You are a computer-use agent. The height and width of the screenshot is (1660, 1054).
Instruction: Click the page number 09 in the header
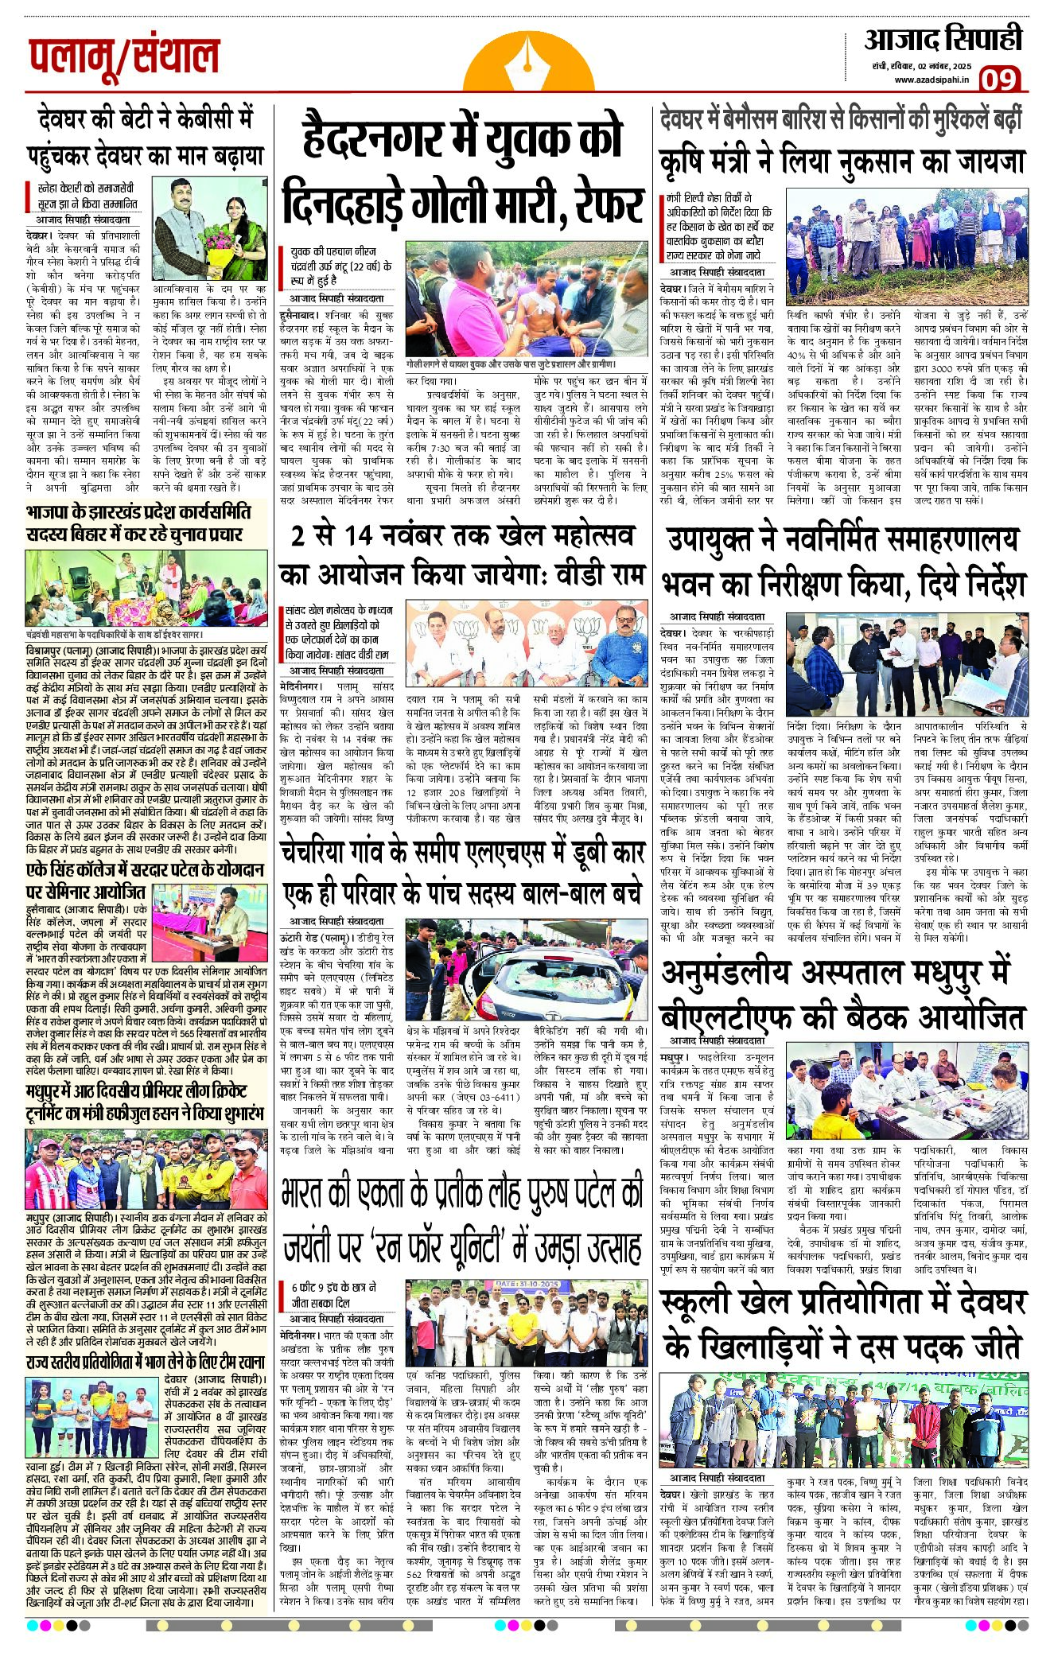point(998,80)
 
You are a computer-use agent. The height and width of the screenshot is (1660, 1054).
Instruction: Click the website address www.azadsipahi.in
point(931,80)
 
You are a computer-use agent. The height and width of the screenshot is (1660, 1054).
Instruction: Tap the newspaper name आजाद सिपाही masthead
point(943,40)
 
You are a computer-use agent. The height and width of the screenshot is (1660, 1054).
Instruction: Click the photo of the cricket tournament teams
point(146,1168)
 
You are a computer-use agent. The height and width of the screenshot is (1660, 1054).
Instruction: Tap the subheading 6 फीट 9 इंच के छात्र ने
point(334,1287)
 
